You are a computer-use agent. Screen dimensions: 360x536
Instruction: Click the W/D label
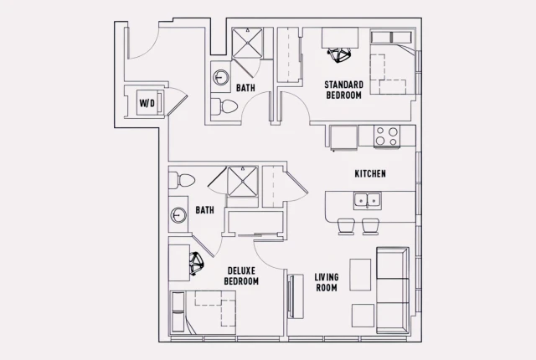click(147, 104)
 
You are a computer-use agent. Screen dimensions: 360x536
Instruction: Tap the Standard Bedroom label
click(343, 90)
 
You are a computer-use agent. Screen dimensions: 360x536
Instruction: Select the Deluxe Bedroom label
click(241, 275)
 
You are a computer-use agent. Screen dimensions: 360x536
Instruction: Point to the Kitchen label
click(369, 174)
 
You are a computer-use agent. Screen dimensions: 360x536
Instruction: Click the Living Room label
click(326, 282)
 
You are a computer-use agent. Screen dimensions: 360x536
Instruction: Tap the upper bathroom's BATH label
click(245, 88)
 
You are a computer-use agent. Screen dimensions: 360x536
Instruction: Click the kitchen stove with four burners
click(386, 136)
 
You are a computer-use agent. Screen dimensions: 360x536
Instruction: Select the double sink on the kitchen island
click(367, 199)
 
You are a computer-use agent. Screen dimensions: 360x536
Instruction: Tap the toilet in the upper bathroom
click(225, 106)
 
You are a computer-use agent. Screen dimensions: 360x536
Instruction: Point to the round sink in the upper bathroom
click(219, 78)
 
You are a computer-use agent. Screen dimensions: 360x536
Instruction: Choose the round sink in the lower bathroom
click(178, 215)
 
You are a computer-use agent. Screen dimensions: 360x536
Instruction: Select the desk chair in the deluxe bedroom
click(197, 265)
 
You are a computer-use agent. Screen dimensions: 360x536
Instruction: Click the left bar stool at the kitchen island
click(344, 225)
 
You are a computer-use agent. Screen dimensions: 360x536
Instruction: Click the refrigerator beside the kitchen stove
click(343, 136)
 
